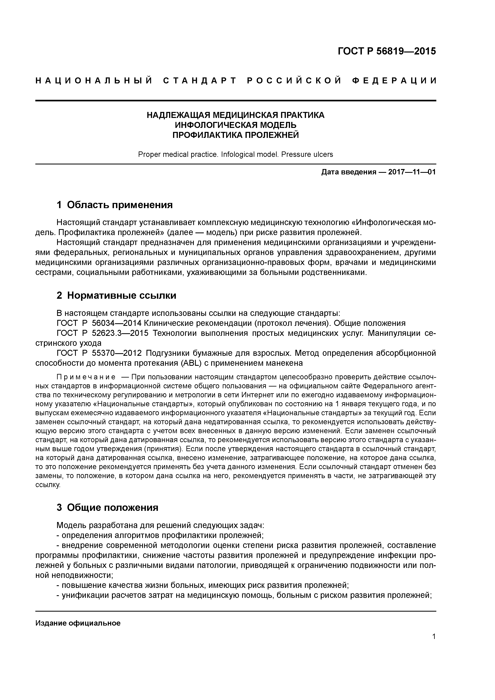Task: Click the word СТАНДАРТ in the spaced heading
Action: click(x=200, y=81)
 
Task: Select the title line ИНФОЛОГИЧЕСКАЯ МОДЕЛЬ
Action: click(x=236, y=125)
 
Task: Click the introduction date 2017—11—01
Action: click(x=412, y=172)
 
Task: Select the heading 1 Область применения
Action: click(x=115, y=205)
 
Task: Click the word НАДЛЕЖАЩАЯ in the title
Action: click(x=178, y=115)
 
